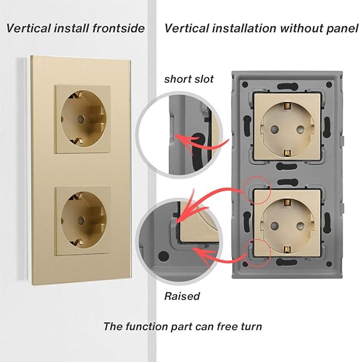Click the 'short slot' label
189,79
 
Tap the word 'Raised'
182,296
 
